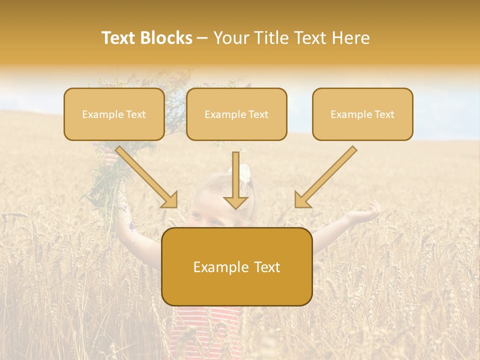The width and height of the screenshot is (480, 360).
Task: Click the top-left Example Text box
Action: coord(114,114)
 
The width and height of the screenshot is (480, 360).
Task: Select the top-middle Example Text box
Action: coord(236,114)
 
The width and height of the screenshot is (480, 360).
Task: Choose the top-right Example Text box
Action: coord(362,114)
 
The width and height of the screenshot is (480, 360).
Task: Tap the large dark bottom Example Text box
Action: coord(237,266)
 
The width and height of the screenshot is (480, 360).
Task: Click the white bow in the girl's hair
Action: coord(244,172)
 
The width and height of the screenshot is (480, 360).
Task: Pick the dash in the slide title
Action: coord(202,38)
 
